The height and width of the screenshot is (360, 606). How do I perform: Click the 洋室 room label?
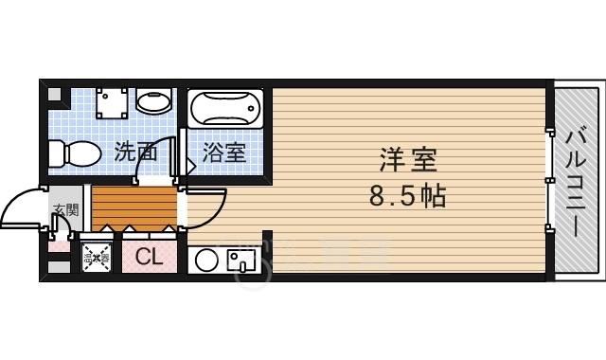[x=408, y=159]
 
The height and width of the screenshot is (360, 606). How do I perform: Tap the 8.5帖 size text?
[x=407, y=197]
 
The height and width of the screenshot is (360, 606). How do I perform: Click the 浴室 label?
[x=225, y=153]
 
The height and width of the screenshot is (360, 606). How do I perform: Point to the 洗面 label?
[x=135, y=152]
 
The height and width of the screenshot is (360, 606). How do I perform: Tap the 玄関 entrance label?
[x=64, y=210]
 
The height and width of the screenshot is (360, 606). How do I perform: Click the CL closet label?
[x=149, y=256]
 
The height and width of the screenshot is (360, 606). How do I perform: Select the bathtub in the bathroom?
[x=225, y=109]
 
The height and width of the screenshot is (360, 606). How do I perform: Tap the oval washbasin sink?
[x=152, y=100]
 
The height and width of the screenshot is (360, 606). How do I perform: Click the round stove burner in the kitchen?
[x=206, y=260]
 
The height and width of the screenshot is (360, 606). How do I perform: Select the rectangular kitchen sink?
[x=240, y=259]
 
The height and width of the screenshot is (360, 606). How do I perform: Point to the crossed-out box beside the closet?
[x=97, y=257]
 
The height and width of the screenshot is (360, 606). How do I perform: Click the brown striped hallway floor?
[x=134, y=207]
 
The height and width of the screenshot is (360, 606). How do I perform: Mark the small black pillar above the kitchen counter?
[x=267, y=241]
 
